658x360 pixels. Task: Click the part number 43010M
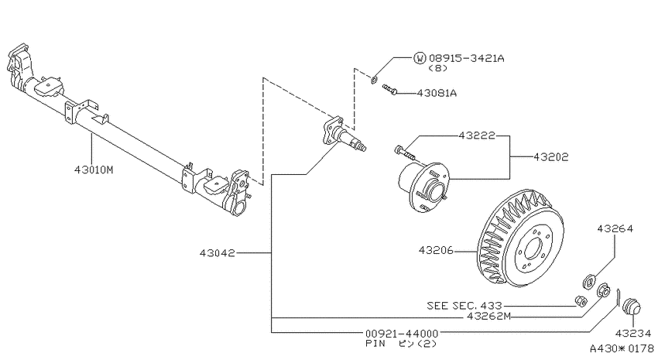tap(94, 170)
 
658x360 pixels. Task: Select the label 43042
tap(217, 253)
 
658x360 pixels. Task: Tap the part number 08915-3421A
tap(466, 58)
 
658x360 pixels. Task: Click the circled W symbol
tap(420, 58)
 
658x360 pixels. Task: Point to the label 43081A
tap(437, 93)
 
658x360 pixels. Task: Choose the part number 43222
tap(477, 135)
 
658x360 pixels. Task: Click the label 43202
tap(550, 157)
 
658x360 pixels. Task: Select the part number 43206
tap(436, 251)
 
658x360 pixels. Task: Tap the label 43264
tap(615, 228)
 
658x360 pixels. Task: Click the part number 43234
tap(632, 334)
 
